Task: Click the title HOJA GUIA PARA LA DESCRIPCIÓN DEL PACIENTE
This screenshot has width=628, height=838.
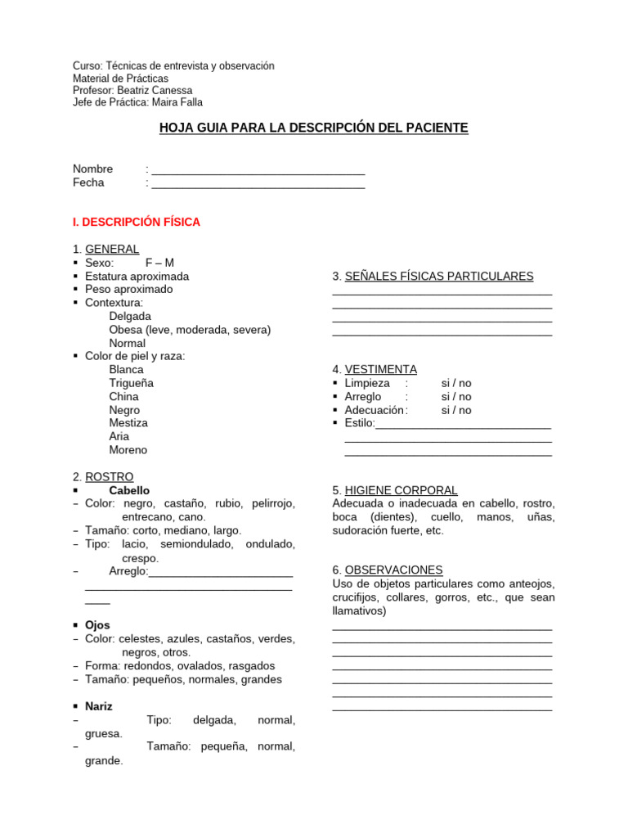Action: pyautogui.click(x=313, y=128)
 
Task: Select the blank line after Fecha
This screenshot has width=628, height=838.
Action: pyautogui.click(x=258, y=185)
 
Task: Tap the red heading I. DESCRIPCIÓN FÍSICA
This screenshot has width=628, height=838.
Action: pyautogui.click(x=137, y=222)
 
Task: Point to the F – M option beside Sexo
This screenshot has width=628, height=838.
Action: pyautogui.click(x=159, y=263)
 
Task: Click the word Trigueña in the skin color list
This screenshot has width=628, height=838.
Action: pyautogui.click(x=132, y=383)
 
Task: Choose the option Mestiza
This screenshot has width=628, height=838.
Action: pyautogui.click(x=128, y=423)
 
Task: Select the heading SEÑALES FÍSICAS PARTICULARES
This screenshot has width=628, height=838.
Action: pyautogui.click(x=439, y=277)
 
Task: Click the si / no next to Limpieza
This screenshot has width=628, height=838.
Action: pyautogui.click(x=456, y=383)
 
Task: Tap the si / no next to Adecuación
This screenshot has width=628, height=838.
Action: pyautogui.click(x=456, y=410)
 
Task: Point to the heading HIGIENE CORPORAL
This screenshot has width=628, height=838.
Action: pyautogui.click(x=401, y=490)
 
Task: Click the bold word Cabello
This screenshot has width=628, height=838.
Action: pyautogui.click(x=129, y=490)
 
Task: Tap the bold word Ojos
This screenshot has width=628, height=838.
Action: pyautogui.click(x=97, y=625)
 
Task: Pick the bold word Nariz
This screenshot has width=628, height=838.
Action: pyautogui.click(x=99, y=706)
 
